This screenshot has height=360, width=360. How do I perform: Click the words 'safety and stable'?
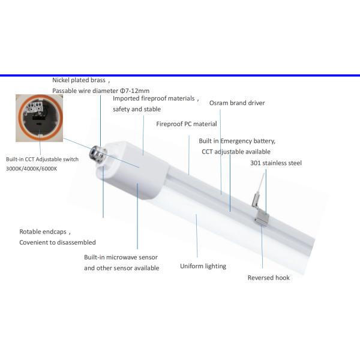[x=137, y=109]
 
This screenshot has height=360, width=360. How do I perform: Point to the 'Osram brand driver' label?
[x=237, y=103]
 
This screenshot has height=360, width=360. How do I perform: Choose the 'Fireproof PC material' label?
[x=187, y=124]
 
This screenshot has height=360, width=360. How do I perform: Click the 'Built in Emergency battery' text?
[x=237, y=141]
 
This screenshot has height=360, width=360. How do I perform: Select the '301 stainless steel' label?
[x=276, y=163]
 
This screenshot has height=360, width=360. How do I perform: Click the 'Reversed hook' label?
[x=269, y=278]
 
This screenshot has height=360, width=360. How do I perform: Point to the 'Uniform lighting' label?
[x=203, y=266]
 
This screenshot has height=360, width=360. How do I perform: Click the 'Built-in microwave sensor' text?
[x=122, y=257]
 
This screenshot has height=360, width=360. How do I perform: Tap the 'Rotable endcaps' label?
[x=45, y=232]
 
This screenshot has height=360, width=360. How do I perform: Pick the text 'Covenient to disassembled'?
[x=58, y=242]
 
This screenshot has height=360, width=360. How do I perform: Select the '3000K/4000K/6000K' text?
[x=32, y=169]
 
